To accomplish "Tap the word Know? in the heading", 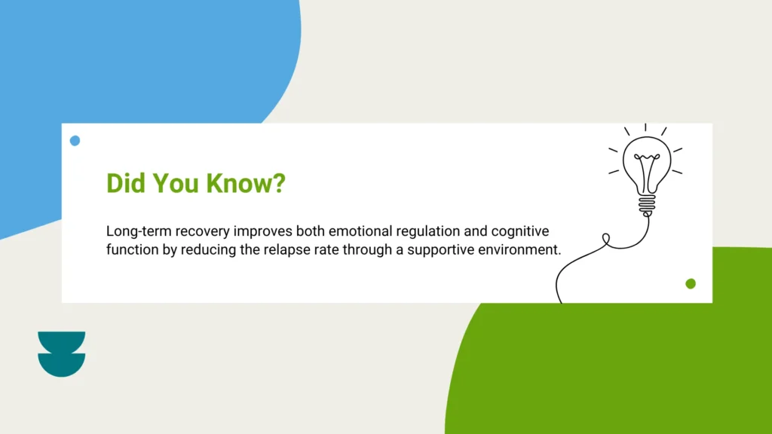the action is pos(246,183).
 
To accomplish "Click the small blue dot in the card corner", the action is pos(75,141).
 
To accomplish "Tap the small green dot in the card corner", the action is pos(691,283).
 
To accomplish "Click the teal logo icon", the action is pos(62,354).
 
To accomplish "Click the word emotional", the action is pos(360,231).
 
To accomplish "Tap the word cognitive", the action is pos(520,231).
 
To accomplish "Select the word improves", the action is pos(262,232).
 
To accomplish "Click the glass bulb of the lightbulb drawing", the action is pos(647,165).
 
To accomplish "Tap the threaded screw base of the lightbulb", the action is pos(647,205).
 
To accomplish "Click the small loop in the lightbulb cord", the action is pos(606,239).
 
